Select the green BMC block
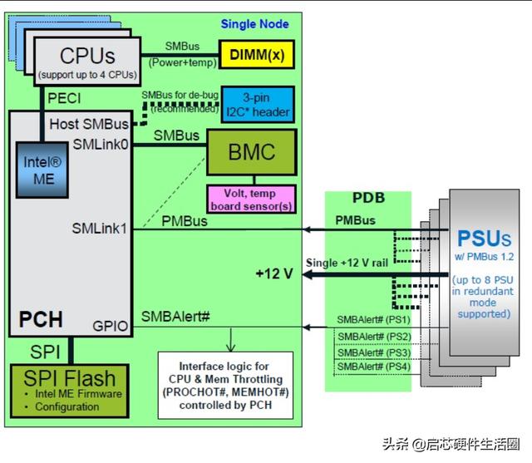[252, 153]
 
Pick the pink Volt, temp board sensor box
[251, 198]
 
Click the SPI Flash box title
[71, 376]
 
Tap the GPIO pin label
[111, 327]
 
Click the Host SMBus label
[89, 124]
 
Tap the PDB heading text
[367, 199]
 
